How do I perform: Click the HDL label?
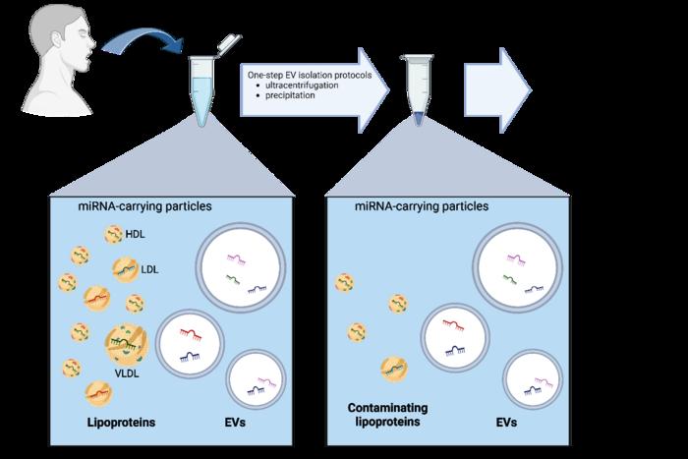click(x=135, y=232)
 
